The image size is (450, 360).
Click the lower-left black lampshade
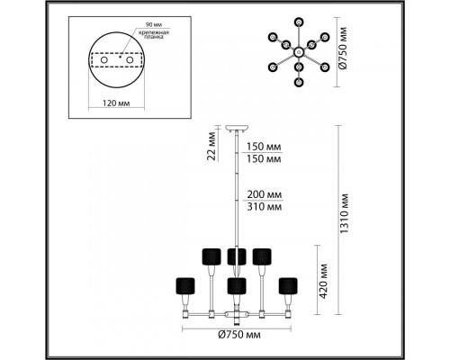point(186,284)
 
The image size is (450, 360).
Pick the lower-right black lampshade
point(288,284)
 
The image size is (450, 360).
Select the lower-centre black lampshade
point(237,285)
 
